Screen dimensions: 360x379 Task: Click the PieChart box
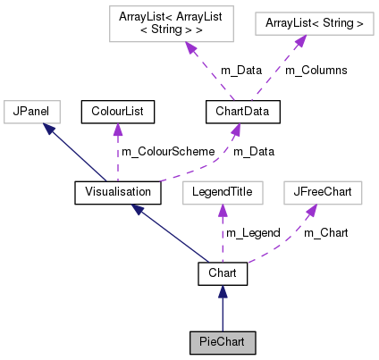click(223, 342)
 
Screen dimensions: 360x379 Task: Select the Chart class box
click(223, 272)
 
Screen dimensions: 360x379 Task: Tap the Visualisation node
click(117, 191)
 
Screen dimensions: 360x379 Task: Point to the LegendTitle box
click(223, 191)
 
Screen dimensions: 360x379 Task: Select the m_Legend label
click(253, 232)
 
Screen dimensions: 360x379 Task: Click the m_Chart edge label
click(326, 232)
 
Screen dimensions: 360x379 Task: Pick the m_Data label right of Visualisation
click(254, 152)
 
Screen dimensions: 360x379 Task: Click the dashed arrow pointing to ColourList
click(117, 152)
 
